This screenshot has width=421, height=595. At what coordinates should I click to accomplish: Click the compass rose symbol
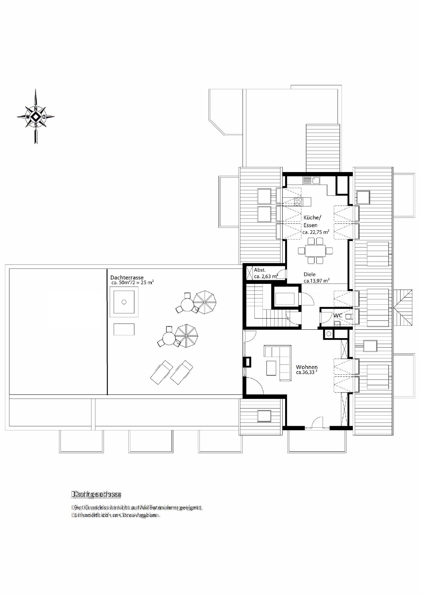[36, 117]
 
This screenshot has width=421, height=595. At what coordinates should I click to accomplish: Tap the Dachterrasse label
[127, 277]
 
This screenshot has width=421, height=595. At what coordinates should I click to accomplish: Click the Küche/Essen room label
[312, 221]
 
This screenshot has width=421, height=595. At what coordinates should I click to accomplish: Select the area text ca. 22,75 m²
[316, 232]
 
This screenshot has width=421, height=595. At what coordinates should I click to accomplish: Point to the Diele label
[309, 274]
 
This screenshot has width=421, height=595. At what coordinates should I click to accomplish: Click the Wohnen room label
[307, 367]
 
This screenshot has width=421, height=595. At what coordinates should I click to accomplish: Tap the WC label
[338, 315]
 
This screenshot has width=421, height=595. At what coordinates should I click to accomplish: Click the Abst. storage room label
[260, 270]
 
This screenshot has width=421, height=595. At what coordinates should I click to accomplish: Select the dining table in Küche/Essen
[315, 250]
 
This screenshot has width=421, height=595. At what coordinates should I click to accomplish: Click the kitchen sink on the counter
[311, 180]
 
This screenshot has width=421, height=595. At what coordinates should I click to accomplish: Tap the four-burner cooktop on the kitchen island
[298, 202]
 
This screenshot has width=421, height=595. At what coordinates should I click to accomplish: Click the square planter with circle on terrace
[124, 302]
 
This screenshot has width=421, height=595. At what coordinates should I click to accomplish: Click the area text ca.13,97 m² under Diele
[316, 281]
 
